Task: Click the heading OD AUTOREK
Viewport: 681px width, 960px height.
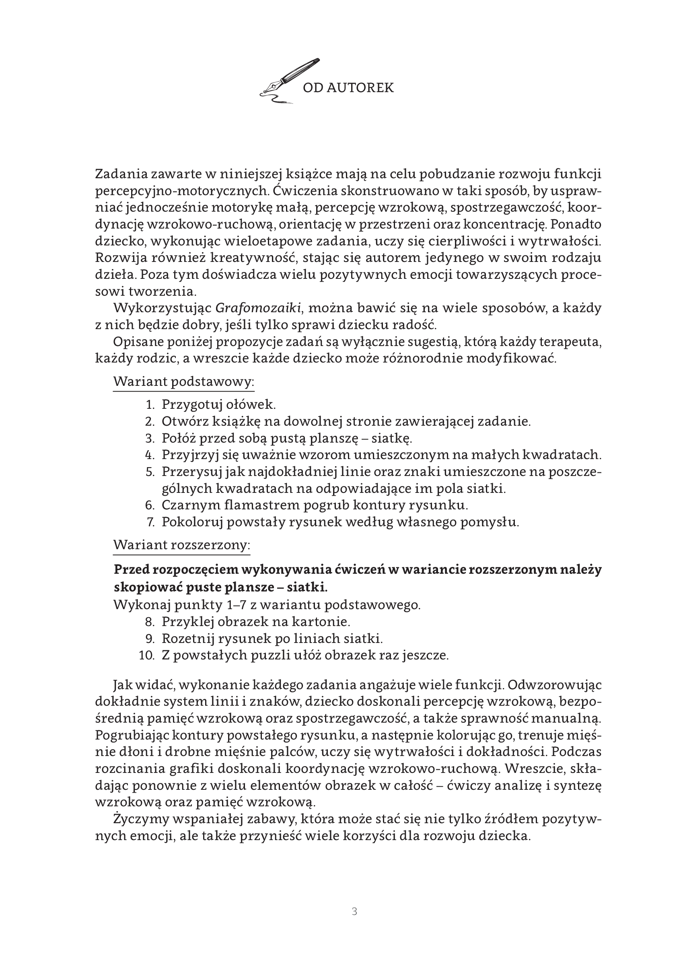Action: coord(348,88)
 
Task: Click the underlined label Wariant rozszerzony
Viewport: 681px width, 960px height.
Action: coord(181,545)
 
